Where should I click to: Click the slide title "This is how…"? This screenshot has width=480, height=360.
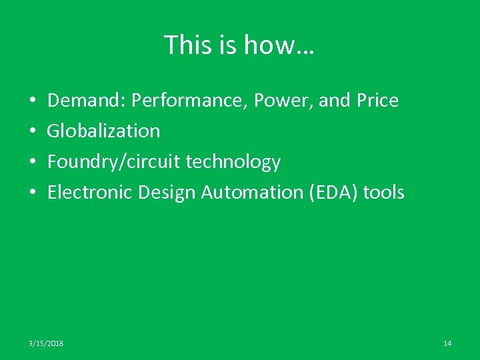[x=240, y=45]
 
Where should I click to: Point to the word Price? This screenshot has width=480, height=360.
[x=377, y=101]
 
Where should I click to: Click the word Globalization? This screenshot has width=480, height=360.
[x=103, y=131]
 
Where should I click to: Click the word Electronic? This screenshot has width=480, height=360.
[x=90, y=193]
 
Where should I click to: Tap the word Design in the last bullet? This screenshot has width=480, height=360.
[x=167, y=193]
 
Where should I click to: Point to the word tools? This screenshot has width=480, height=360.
[x=385, y=193]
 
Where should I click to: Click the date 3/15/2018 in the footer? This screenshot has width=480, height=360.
[x=46, y=343]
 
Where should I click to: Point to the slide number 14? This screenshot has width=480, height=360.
[x=447, y=343]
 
